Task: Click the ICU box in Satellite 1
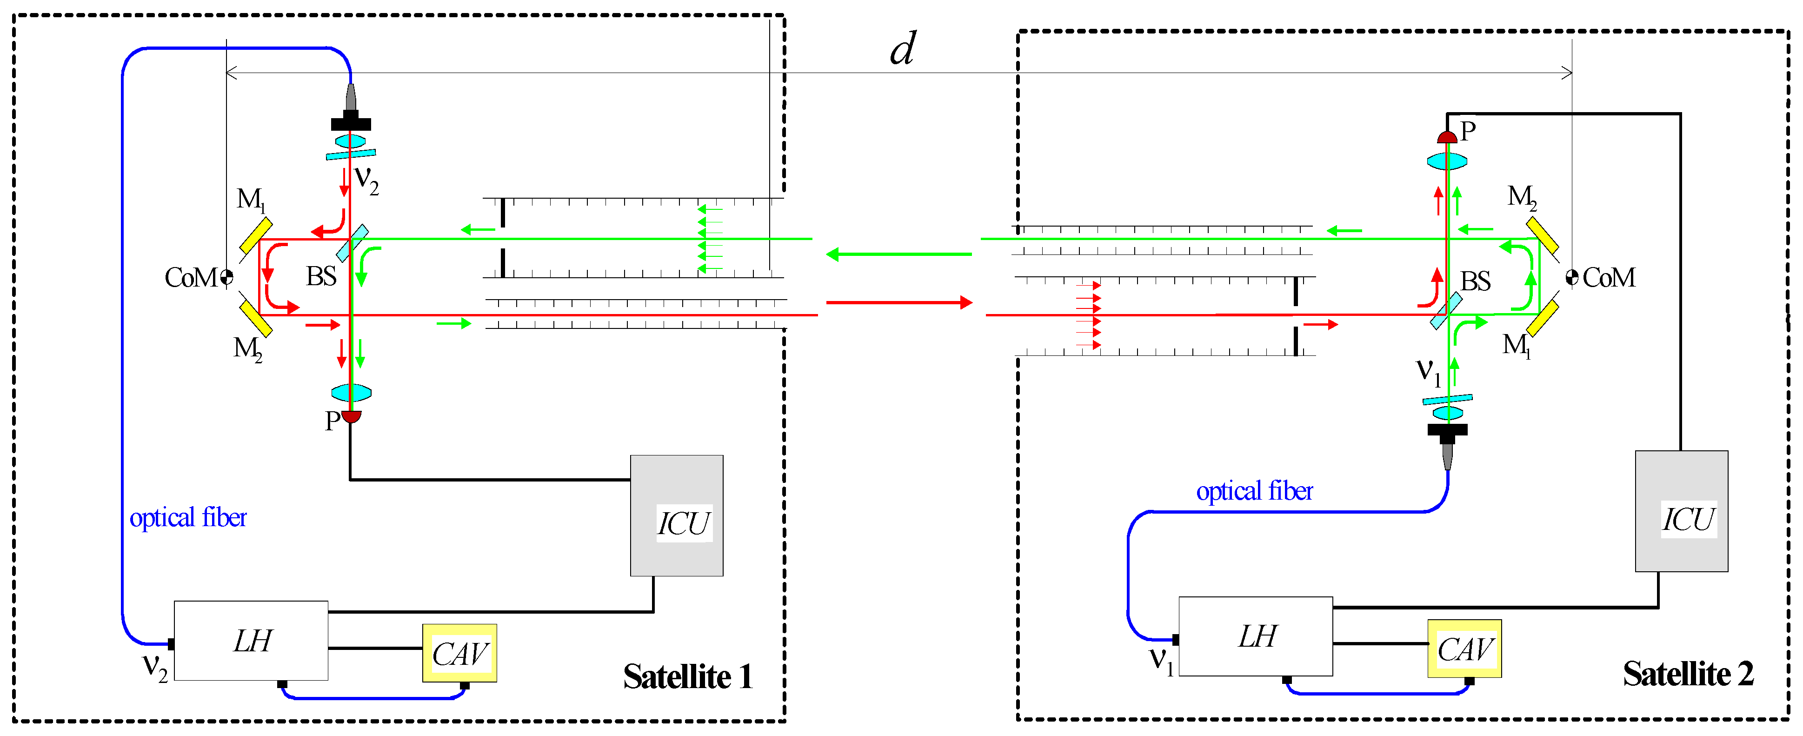click(x=676, y=515)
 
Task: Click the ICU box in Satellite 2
click(x=1681, y=511)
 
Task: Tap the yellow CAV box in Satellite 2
click(x=1464, y=649)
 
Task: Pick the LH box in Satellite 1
click(x=251, y=640)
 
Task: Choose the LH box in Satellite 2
click(x=1256, y=636)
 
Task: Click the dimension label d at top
click(x=902, y=49)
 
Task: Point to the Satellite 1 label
click(x=687, y=676)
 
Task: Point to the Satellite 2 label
click(x=1688, y=674)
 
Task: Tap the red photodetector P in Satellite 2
click(x=1447, y=137)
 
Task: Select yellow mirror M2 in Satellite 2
click(x=1542, y=235)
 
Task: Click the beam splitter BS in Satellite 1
click(x=352, y=242)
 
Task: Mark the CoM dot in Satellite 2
click(x=1572, y=277)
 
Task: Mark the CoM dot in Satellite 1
click(x=226, y=277)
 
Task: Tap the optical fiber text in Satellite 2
click(x=1254, y=491)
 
